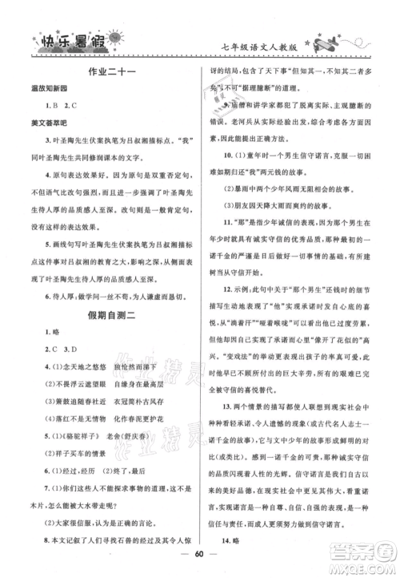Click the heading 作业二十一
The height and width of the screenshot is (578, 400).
tap(110, 72)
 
